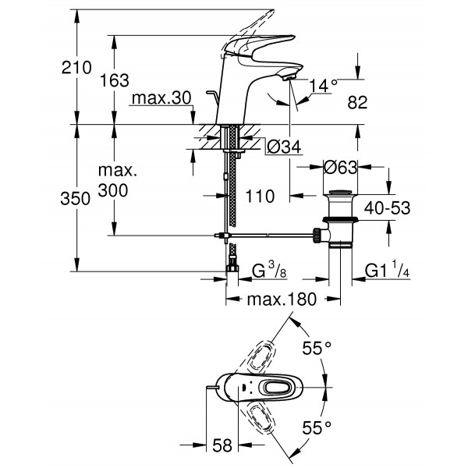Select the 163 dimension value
point(115,80)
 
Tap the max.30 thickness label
point(161,99)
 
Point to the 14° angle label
point(323,86)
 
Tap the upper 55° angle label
point(317,349)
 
